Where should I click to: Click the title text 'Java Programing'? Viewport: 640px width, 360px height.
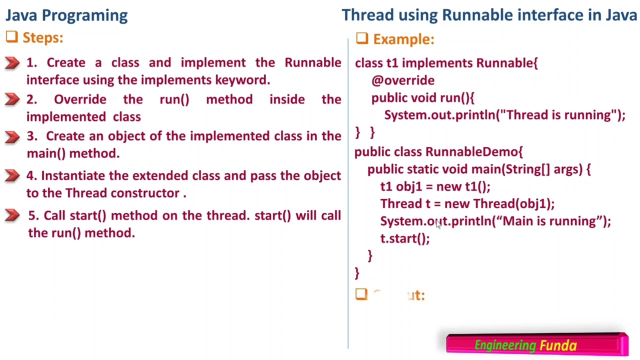click(66, 15)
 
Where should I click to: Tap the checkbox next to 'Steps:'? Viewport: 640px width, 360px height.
click(12, 37)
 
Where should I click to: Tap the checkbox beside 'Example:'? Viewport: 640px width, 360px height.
click(362, 38)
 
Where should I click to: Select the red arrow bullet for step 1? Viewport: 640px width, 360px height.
click(12, 63)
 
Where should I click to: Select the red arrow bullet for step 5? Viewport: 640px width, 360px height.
click(12, 215)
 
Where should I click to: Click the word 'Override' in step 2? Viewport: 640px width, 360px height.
click(80, 99)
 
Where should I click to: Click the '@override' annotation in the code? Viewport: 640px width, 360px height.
click(403, 80)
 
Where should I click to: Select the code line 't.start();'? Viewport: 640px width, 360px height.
click(405, 238)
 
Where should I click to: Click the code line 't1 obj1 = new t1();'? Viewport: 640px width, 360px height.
click(435, 186)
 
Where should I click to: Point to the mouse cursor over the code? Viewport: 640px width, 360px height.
click(438, 225)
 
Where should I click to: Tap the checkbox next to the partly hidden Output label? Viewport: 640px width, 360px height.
click(361, 294)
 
